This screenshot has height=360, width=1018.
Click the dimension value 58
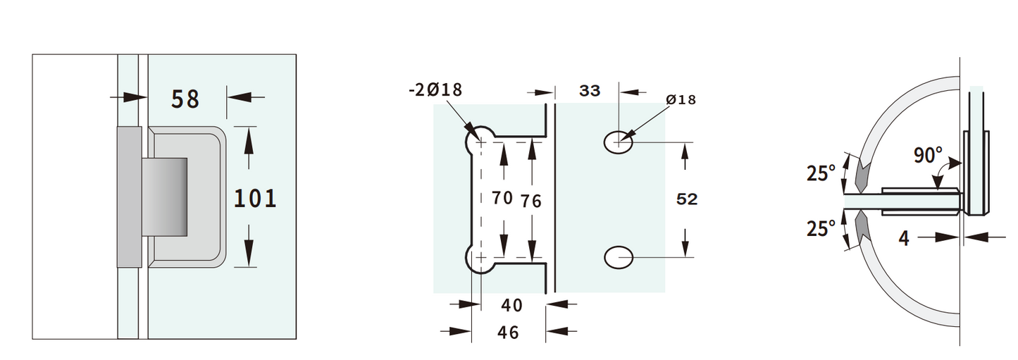(x=185, y=99)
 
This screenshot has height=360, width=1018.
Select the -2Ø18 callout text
(x=435, y=89)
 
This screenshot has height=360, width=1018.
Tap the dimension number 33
(x=589, y=90)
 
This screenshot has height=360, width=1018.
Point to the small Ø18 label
(x=681, y=100)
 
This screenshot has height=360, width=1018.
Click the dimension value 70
(x=502, y=198)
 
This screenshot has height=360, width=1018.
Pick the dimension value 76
(x=531, y=201)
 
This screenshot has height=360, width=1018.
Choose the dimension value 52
(x=685, y=199)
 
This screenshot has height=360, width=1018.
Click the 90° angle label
(x=928, y=154)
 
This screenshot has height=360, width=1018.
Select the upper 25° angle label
(x=821, y=173)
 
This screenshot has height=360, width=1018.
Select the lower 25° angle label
(x=821, y=228)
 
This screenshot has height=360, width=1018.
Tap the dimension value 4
(x=904, y=238)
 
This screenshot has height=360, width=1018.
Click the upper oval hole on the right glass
(x=618, y=142)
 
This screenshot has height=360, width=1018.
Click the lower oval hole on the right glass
(x=618, y=257)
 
